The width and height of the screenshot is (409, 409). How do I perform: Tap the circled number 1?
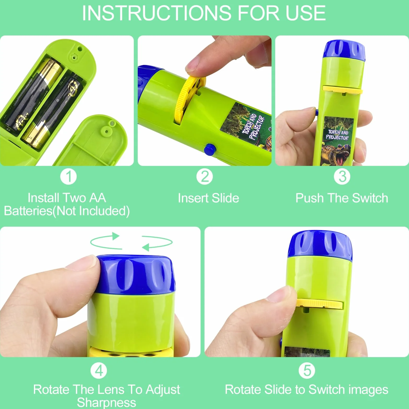pyautogui.click(x=68, y=177)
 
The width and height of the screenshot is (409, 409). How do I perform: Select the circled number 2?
pyautogui.click(x=204, y=177)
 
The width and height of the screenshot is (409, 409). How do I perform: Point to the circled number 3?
pyautogui.click(x=342, y=177)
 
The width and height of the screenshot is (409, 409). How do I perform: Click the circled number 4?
pyautogui.click(x=99, y=371)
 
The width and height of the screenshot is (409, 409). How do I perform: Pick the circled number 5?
pyautogui.click(x=307, y=371)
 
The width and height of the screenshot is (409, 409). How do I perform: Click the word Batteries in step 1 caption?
pyautogui.click(x=28, y=211)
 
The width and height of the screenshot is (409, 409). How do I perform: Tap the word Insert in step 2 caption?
pyautogui.click(x=193, y=198)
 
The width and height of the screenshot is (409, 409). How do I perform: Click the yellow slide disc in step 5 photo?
pyautogui.click(x=319, y=304)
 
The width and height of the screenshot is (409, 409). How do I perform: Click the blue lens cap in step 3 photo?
pyautogui.click(x=344, y=50)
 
